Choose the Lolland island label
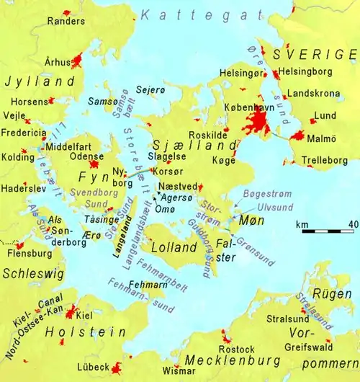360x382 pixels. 172,249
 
